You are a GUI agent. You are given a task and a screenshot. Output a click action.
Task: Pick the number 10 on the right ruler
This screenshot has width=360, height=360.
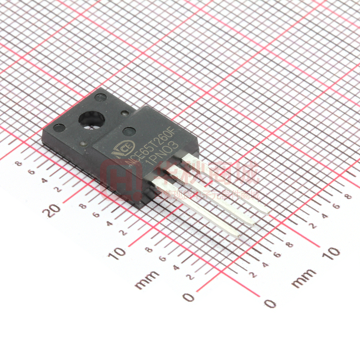coord(331,253)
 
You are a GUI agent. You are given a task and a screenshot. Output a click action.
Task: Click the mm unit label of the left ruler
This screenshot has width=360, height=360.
coord(147,279)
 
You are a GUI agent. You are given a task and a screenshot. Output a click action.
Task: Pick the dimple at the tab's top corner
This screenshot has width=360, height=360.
coord(100,97)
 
